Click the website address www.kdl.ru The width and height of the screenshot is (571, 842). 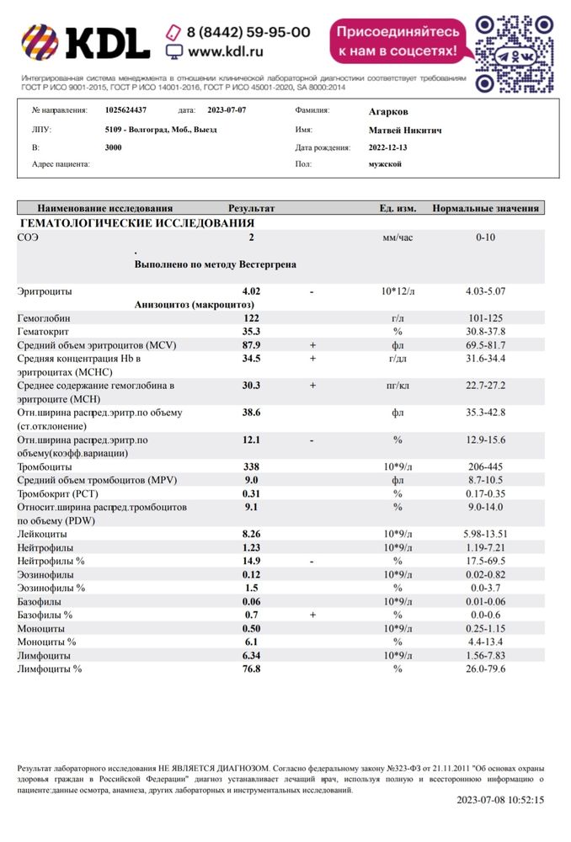click(225, 51)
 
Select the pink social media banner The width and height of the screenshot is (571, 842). click(398, 41)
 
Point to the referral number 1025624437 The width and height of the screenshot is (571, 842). click(125, 110)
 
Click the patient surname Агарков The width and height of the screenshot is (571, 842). click(388, 110)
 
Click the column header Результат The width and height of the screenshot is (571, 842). click(251, 208)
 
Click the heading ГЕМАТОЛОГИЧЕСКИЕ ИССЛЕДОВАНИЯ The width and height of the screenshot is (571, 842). click(136, 223)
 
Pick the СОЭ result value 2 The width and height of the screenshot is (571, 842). click(251, 237)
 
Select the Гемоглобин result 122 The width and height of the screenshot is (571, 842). click(251, 318)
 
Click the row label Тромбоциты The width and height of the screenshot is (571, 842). click(45, 466)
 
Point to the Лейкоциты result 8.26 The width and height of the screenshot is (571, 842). click(251, 534)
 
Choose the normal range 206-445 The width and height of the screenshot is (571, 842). click(486, 466)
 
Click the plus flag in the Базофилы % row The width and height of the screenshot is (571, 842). click(312, 615)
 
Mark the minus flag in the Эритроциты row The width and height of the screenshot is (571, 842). click(312, 291)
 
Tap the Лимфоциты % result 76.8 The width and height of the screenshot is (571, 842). click(251, 669)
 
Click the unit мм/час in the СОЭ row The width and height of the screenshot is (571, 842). click(398, 237)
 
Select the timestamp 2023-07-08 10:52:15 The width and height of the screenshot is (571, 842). click(500, 800)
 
